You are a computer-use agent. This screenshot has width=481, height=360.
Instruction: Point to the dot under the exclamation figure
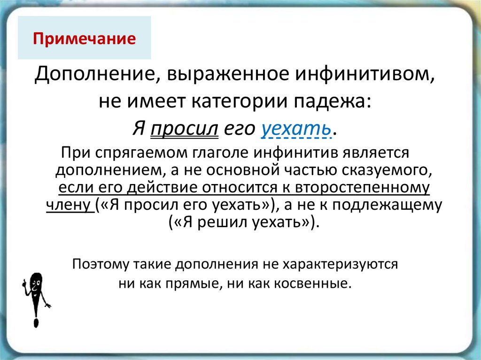pyautogui.click(x=36, y=323)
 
